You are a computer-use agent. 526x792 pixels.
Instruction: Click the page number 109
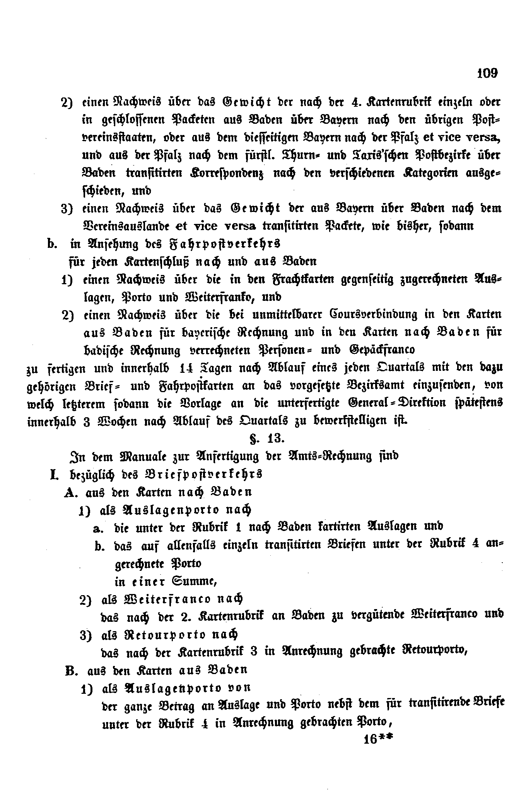pos(487,73)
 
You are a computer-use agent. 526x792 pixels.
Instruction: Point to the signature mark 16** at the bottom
pos(378,739)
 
